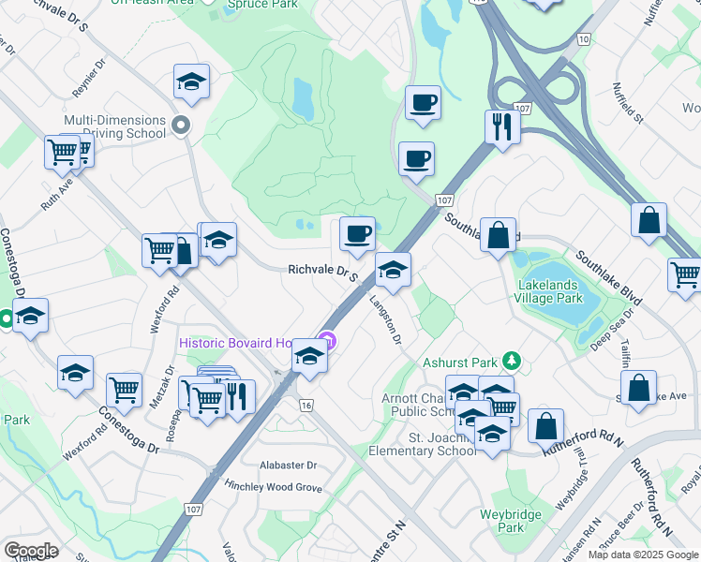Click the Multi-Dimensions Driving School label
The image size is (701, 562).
pyautogui.click(x=114, y=126)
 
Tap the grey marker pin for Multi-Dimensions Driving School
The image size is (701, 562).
pyautogui.click(x=183, y=125)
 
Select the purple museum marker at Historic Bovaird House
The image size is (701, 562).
pyautogui.click(x=327, y=340)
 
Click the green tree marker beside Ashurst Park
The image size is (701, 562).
pyautogui.click(x=511, y=360)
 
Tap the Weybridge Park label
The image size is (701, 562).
pyautogui.click(x=513, y=521)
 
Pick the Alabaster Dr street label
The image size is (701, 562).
pyautogui.click(x=290, y=465)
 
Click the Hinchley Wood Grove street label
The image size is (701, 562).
pyautogui.click(x=273, y=487)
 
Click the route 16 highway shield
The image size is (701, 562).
pyautogui.click(x=306, y=405)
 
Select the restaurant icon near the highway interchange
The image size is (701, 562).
pyautogui.click(x=502, y=126)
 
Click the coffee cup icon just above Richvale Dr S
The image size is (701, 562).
pyautogui.click(x=356, y=234)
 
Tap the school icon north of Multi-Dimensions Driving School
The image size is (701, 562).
pyautogui.click(x=191, y=82)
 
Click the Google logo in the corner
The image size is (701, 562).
pyautogui.click(x=31, y=551)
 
